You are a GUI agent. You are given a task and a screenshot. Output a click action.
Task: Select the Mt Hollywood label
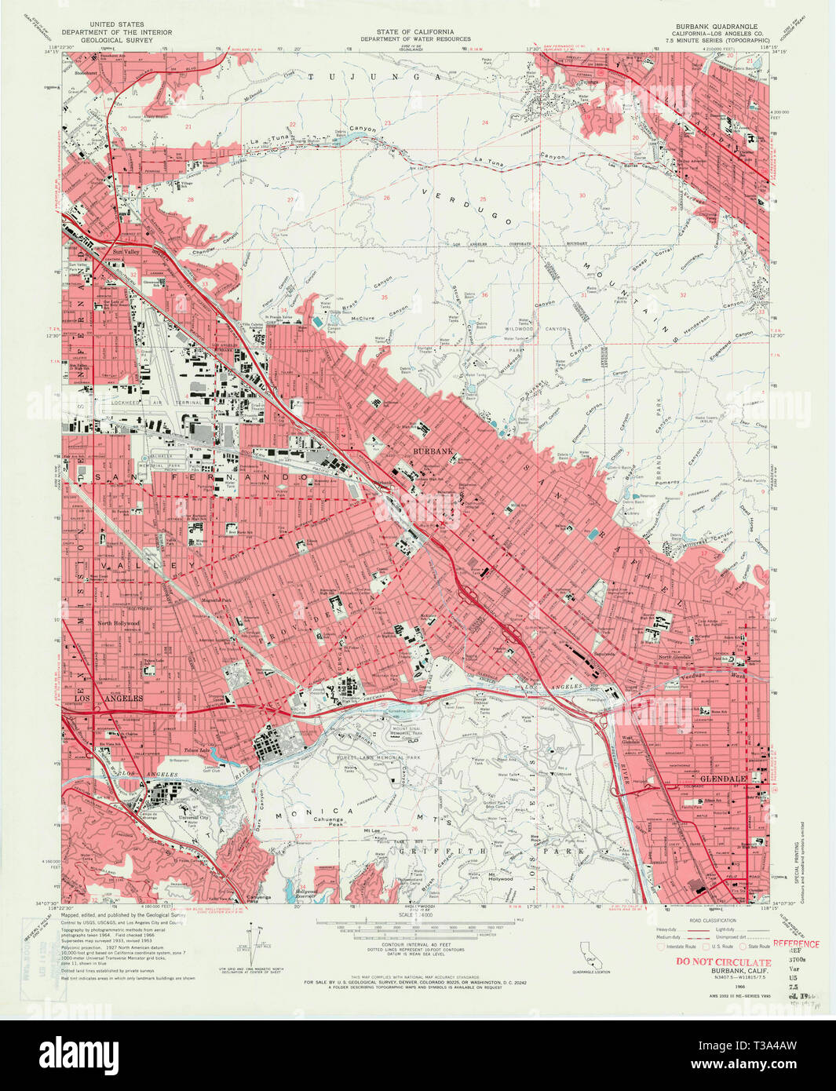pos(500,876)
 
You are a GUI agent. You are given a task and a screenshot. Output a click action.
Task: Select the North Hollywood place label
pos(118,623)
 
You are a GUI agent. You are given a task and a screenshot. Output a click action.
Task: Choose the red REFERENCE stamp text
pos(795,944)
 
